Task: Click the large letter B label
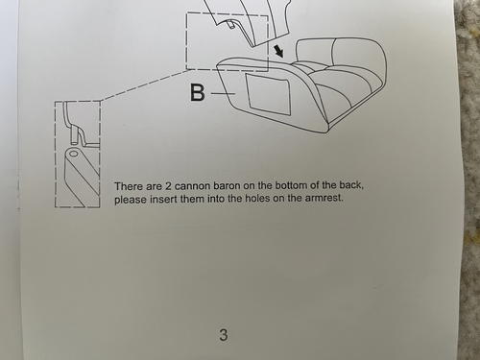point(198,92)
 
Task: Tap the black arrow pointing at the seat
point(278,51)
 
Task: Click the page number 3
point(224,335)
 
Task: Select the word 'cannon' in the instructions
point(192,186)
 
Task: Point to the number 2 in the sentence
point(169,186)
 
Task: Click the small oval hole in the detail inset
point(74,154)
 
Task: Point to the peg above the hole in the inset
point(74,134)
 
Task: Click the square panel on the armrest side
point(268,94)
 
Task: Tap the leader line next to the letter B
point(224,93)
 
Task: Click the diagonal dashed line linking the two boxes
point(143,85)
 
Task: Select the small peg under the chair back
point(230,24)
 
